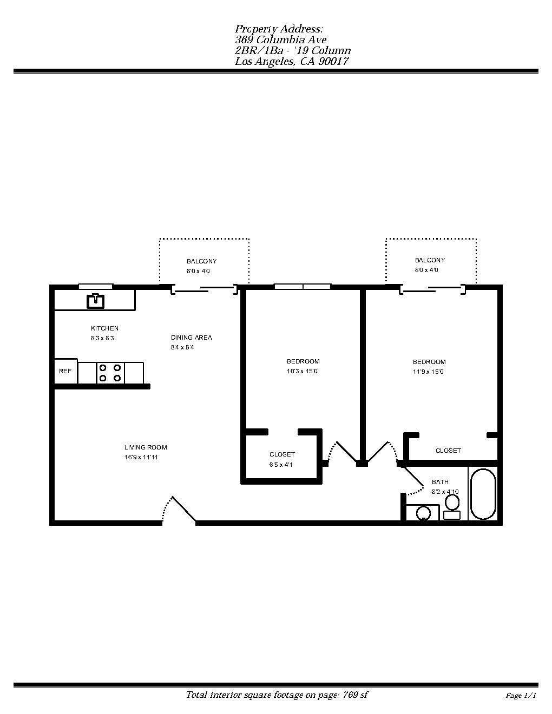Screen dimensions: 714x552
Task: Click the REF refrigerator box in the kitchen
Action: click(65, 371)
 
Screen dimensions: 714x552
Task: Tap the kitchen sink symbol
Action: click(96, 300)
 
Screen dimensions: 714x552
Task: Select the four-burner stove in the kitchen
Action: click(110, 373)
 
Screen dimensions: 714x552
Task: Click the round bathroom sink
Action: click(423, 513)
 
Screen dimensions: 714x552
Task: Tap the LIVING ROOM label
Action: click(146, 447)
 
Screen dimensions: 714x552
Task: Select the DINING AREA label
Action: click(192, 338)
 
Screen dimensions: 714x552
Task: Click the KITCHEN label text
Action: click(104, 328)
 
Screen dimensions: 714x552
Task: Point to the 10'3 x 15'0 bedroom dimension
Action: click(303, 371)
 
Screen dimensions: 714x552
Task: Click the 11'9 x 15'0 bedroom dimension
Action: click(429, 372)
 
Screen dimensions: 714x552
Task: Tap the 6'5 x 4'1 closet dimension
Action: click(281, 465)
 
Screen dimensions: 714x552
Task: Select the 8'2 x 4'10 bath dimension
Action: click(445, 492)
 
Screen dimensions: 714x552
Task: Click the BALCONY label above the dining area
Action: click(201, 261)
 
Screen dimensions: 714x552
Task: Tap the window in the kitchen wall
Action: click(96, 286)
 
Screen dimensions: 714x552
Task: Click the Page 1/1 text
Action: click(521, 696)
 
